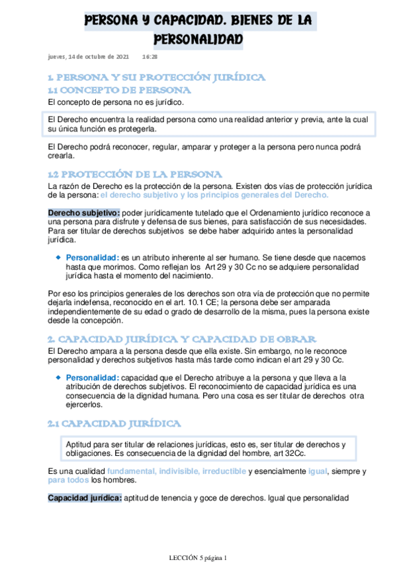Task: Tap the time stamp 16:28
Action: click(x=150, y=58)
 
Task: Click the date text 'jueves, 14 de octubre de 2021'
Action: click(x=89, y=58)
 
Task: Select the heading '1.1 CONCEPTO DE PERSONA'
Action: click(x=120, y=90)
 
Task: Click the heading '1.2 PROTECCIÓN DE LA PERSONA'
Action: click(x=135, y=174)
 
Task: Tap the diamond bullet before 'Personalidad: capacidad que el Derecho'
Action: click(x=58, y=377)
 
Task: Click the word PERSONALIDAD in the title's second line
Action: click(x=198, y=41)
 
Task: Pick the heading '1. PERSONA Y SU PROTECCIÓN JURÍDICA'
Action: click(x=157, y=78)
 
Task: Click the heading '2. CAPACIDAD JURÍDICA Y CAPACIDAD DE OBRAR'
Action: click(x=186, y=339)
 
